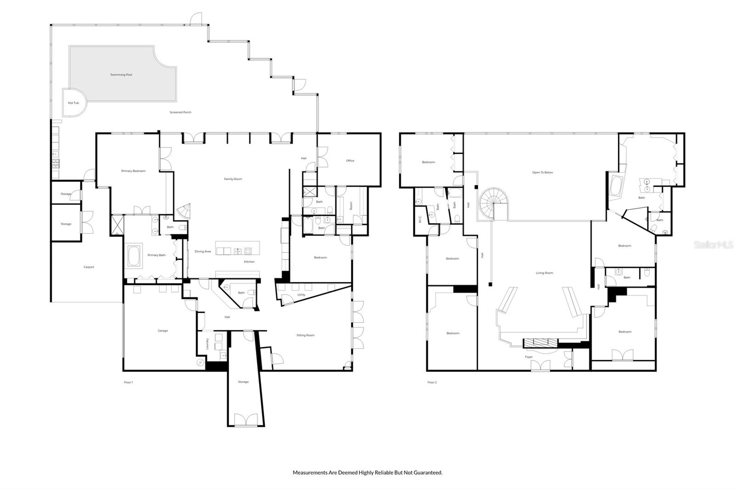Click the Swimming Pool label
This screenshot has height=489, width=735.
[x=121, y=75]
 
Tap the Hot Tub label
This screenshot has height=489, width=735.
[x=73, y=103]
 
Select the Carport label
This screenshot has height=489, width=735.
[x=89, y=267]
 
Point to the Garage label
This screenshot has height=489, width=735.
[x=163, y=330]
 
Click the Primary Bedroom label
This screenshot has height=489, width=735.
[x=133, y=171]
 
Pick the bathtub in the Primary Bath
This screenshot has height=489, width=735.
[x=135, y=256]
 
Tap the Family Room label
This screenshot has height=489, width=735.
[x=233, y=179]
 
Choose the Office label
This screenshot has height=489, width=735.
[x=350, y=161]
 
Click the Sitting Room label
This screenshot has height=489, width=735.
[x=305, y=335]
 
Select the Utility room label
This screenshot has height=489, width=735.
[x=301, y=295]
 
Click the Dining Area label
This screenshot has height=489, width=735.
[x=203, y=251]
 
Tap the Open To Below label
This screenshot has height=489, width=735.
[x=543, y=172]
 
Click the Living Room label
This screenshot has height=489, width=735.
[x=544, y=273]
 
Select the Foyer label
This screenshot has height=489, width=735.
[x=529, y=357]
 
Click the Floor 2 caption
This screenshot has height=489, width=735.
[x=432, y=382]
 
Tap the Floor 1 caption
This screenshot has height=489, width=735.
[x=128, y=382]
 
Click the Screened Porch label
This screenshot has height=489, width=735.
[x=181, y=112]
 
